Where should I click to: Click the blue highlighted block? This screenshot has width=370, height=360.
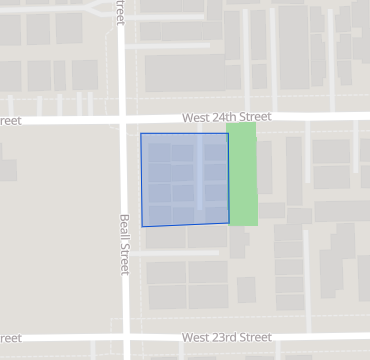point(185,179)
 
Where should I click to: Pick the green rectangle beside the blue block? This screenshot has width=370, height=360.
point(243,174)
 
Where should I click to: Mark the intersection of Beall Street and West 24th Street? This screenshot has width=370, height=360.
point(123,119)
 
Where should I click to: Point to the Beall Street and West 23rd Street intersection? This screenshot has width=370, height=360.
point(126,338)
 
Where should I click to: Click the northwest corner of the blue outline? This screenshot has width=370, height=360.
point(141,133)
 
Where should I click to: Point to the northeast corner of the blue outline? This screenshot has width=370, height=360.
point(228,134)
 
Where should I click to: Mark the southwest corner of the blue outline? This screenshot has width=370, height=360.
point(142,226)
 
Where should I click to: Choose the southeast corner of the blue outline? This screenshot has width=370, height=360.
point(230,222)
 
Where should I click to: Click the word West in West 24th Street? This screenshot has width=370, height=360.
point(196,118)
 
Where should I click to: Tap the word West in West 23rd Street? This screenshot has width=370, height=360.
point(196,338)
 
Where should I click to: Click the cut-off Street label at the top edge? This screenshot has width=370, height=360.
point(120,12)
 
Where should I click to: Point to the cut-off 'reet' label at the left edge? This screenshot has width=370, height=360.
point(10,121)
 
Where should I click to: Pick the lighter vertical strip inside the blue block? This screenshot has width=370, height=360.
point(199,178)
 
